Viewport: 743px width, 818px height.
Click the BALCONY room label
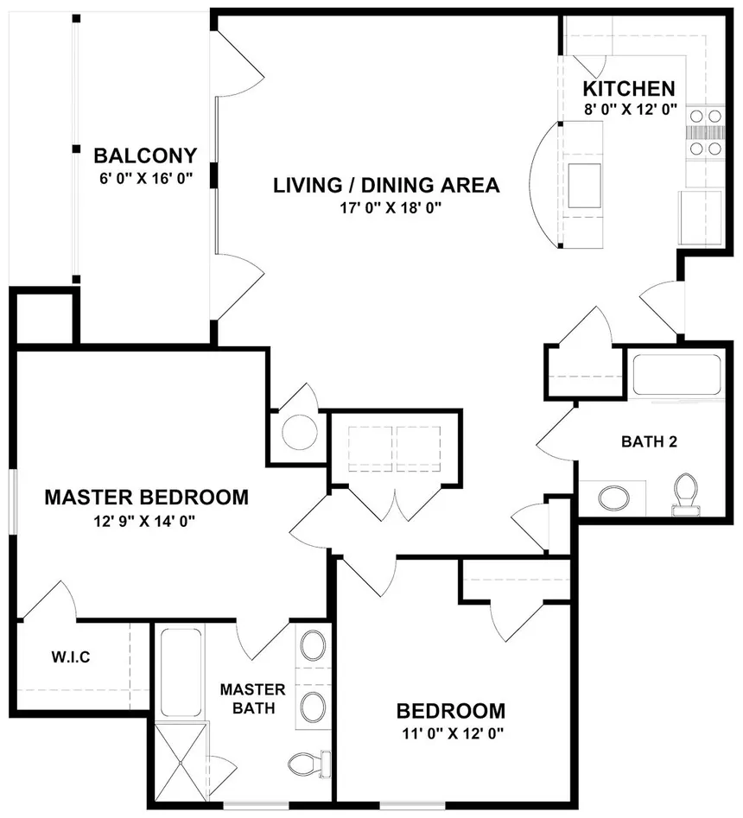(x=145, y=155)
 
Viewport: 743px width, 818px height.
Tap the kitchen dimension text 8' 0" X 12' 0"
(x=631, y=110)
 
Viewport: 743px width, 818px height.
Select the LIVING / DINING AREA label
(x=386, y=185)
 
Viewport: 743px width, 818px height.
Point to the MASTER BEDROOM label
(x=147, y=498)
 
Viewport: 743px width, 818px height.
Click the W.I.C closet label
(x=71, y=656)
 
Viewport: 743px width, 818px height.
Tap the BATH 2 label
(x=649, y=442)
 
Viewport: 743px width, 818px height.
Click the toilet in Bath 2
(x=686, y=494)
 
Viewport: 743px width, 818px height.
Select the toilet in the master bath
(x=309, y=764)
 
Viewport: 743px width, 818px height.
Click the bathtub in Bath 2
(x=677, y=375)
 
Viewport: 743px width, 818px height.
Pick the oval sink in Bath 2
(x=613, y=498)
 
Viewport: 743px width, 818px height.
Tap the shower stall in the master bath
(x=181, y=764)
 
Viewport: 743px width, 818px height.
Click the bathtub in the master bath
(x=181, y=672)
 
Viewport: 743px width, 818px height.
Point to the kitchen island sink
(x=584, y=186)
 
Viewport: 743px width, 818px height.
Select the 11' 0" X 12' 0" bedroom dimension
(x=453, y=733)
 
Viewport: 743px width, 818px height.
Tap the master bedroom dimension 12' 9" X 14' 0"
(x=144, y=521)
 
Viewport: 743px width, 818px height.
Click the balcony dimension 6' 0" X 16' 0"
(x=146, y=179)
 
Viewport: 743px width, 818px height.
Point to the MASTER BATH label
(x=253, y=699)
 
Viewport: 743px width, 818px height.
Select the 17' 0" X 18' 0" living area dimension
(x=391, y=208)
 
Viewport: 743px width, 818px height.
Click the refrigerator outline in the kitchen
(x=700, y=218)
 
